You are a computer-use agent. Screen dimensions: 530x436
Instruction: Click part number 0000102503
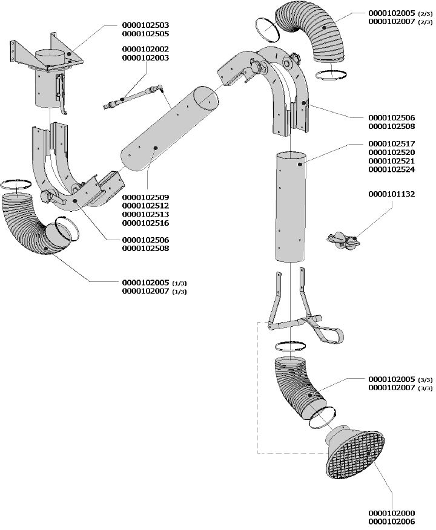[145, 25]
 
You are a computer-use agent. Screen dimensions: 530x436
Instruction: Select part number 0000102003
[145, 58]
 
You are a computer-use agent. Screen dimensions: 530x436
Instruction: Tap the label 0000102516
[145, 223]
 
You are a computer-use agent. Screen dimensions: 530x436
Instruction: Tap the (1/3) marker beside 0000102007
[179, 292]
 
